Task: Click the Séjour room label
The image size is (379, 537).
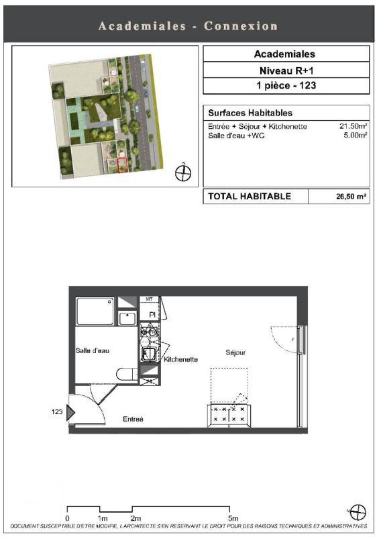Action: click(235, 352)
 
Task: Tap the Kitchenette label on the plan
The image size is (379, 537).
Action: click(180, 359)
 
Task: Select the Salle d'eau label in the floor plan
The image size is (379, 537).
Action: click(92, 350)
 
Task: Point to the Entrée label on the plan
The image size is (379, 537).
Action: click(133, 419)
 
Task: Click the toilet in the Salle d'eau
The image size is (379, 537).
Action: click(127, 374)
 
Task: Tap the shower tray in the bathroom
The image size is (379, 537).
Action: click(95, 311)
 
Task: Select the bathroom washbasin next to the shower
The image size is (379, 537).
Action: click(127, 318)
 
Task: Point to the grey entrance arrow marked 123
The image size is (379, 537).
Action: click(70, 412)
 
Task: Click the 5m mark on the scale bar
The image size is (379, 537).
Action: click(233, 518)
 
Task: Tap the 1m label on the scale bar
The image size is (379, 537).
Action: click(103, 518)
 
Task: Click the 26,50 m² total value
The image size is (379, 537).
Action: click(351, 197)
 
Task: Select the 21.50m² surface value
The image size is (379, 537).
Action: click(354, 126)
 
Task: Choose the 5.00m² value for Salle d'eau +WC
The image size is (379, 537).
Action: click(356, 136)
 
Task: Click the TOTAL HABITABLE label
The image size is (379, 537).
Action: click(250, 196)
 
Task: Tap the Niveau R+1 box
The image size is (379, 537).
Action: click(286, 70)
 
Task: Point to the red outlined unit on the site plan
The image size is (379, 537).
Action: click(122, 165)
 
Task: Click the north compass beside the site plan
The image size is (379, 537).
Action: click(183, 173)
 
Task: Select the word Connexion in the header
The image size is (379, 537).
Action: click(241, 26)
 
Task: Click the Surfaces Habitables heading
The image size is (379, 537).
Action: click(250, 113)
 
